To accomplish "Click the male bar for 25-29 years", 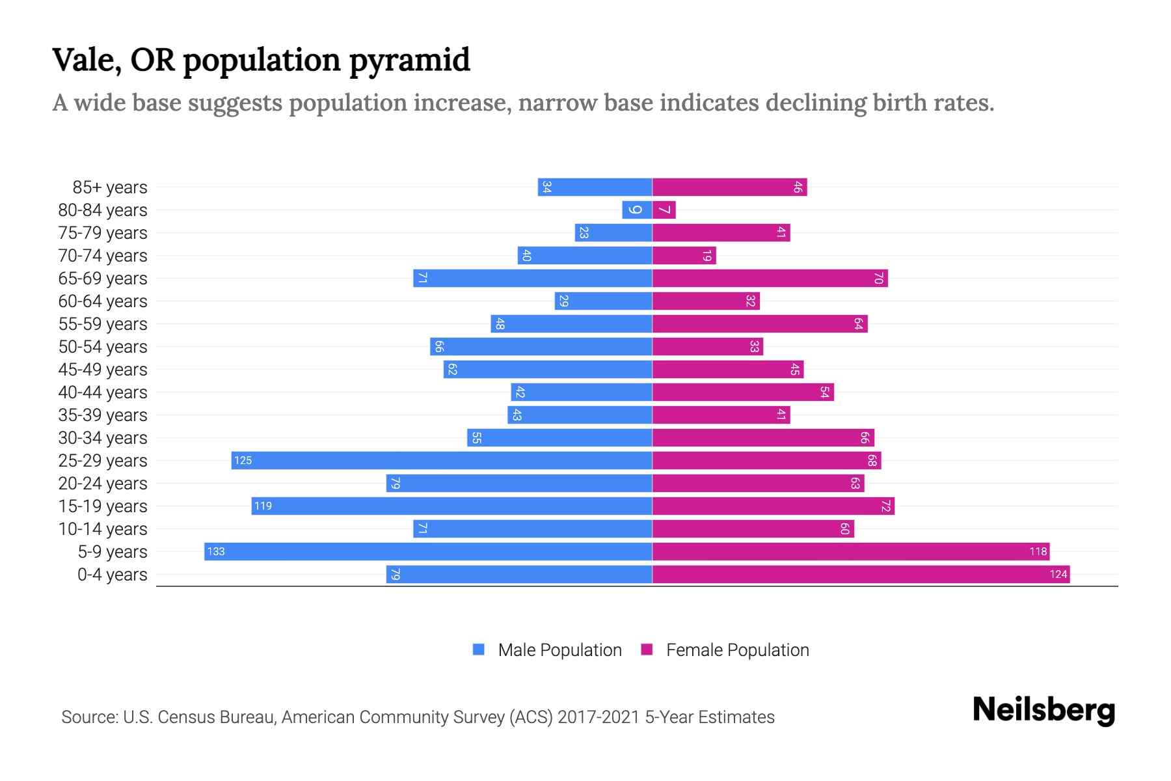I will [442, 461].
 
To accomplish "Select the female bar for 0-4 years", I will [860, 575].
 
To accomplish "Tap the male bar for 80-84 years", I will [637, 210].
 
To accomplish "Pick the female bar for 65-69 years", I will [770, 279].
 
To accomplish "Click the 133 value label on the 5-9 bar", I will [216, 552].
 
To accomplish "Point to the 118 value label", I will [1038, 552].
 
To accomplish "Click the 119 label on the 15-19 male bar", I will [263, 506].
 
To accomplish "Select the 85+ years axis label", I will [110, 187].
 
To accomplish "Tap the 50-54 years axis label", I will [103, 347].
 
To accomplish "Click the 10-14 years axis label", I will [103, 529].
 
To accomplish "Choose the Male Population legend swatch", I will [479, 650].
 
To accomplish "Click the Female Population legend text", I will [737, 650].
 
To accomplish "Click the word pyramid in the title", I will [409, 61].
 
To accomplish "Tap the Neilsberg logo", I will [1043, 710].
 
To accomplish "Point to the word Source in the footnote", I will [88, 717].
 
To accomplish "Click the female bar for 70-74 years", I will [684, 256].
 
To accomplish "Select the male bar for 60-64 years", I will [603, 301].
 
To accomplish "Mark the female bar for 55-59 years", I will [760, 324].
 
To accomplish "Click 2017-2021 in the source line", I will [599, 717].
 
